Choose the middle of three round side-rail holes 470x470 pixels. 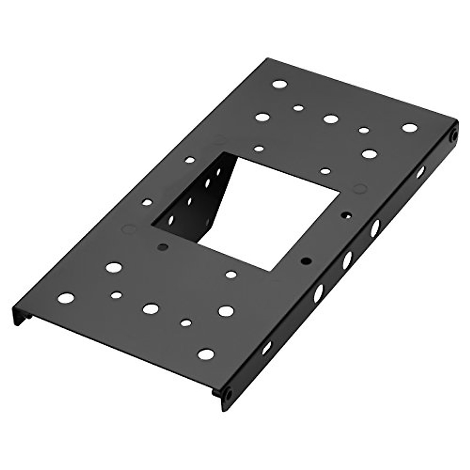pos(347,260)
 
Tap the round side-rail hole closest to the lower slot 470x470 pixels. pos(318,293)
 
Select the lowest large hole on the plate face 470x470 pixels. pos(206,354)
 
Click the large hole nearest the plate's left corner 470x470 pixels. pos(66,298)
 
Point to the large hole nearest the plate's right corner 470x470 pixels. pos(409,128)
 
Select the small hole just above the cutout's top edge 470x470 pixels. pos(258,148)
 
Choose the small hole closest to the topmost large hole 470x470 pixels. pos(299,107)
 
